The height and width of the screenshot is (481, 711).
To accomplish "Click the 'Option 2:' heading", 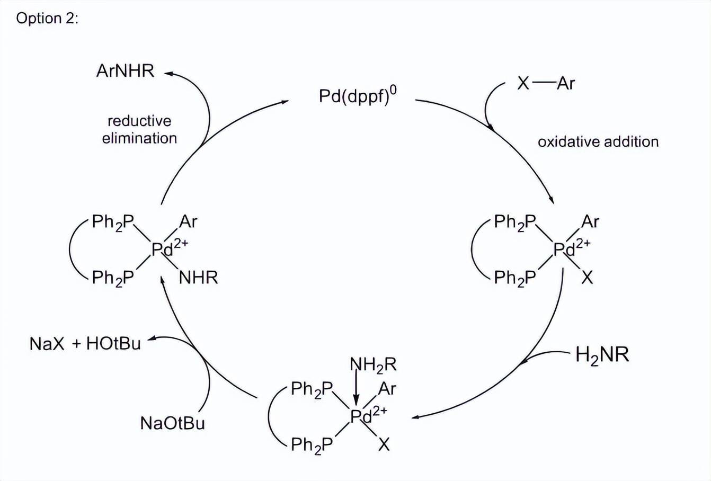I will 47,19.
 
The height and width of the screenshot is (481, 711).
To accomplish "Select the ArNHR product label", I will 125,71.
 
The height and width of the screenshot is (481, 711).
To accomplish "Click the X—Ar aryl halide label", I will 546,83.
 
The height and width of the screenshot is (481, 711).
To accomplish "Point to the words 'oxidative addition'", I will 598,142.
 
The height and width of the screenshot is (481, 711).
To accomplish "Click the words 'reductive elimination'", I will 139,130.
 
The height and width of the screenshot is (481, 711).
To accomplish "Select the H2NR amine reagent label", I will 602,354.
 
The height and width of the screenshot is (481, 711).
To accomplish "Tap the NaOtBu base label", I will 172,423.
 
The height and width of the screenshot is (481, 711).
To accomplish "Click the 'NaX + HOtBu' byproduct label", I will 85,344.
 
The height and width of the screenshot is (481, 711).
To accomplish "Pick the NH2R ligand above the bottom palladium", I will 373,364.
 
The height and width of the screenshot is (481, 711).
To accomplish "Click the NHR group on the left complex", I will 198,278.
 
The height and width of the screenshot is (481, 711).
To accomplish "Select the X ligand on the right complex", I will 586,277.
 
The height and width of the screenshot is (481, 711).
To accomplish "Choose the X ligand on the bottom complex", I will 384,444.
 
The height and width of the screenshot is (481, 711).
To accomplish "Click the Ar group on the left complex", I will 188,221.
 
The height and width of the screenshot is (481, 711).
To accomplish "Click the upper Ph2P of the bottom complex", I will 312,390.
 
